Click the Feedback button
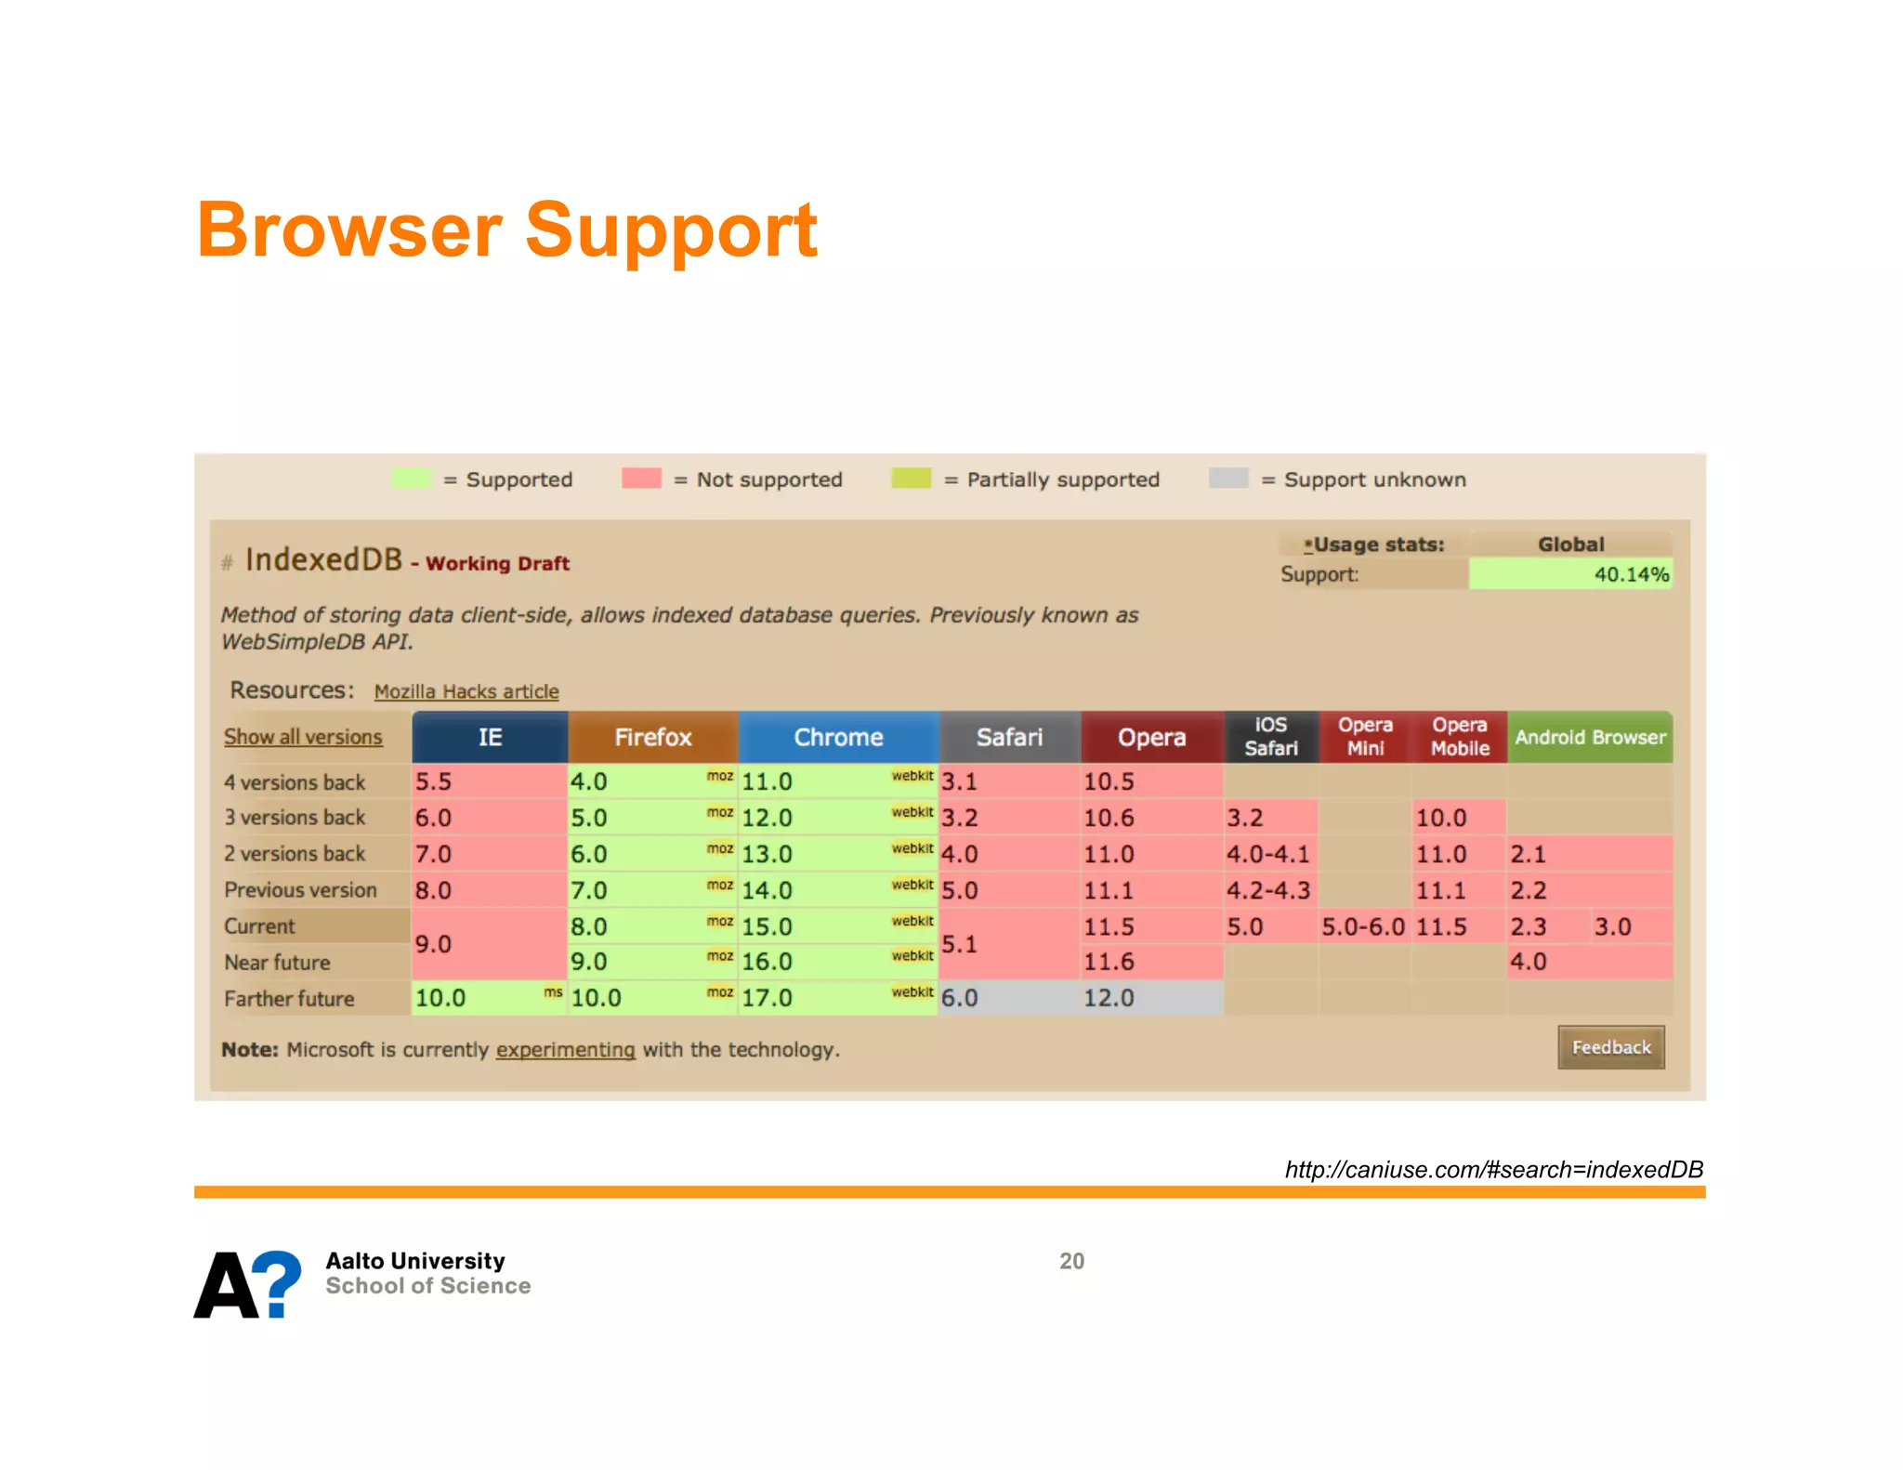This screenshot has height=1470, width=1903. (1610, 1047)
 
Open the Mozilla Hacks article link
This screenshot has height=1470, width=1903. (466, 691)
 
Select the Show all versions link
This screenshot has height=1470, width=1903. (303, 737)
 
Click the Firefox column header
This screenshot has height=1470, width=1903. (652, 737)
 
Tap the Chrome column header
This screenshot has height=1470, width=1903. (838, 737)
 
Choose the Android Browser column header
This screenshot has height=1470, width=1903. (1589, 737)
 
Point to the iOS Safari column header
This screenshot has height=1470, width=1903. (1270, 736)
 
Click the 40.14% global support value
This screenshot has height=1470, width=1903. (1631, 574)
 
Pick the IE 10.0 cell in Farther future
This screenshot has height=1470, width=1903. (488, 998)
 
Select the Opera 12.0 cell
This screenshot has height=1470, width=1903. (1150, 998)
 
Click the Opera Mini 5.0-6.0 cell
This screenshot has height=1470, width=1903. (1363, 926)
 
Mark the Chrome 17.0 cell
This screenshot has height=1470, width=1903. (836, 998)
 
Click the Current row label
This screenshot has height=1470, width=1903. (260, 926)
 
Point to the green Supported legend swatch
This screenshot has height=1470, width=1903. (412, 479)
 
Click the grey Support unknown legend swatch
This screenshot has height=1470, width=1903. (1228, 479)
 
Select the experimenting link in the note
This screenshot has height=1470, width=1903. (565, 1049)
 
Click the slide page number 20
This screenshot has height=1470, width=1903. (1071, 1261)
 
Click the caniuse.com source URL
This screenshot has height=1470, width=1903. (1493, 1169)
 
